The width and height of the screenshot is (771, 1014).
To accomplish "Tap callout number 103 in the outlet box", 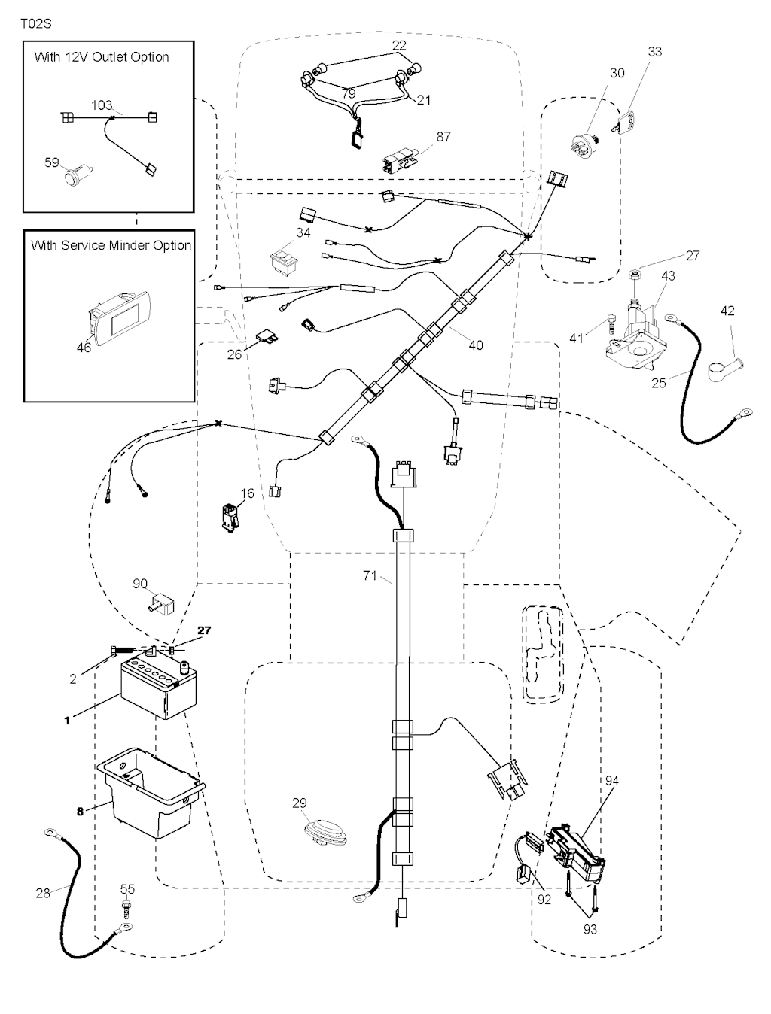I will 102,105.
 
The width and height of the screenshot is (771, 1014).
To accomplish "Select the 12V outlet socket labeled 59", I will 75,177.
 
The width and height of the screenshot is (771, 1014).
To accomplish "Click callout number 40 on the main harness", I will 476,345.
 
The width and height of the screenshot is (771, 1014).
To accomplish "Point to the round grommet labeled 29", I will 325,833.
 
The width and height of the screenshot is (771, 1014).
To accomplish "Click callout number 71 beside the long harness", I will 370,575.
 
